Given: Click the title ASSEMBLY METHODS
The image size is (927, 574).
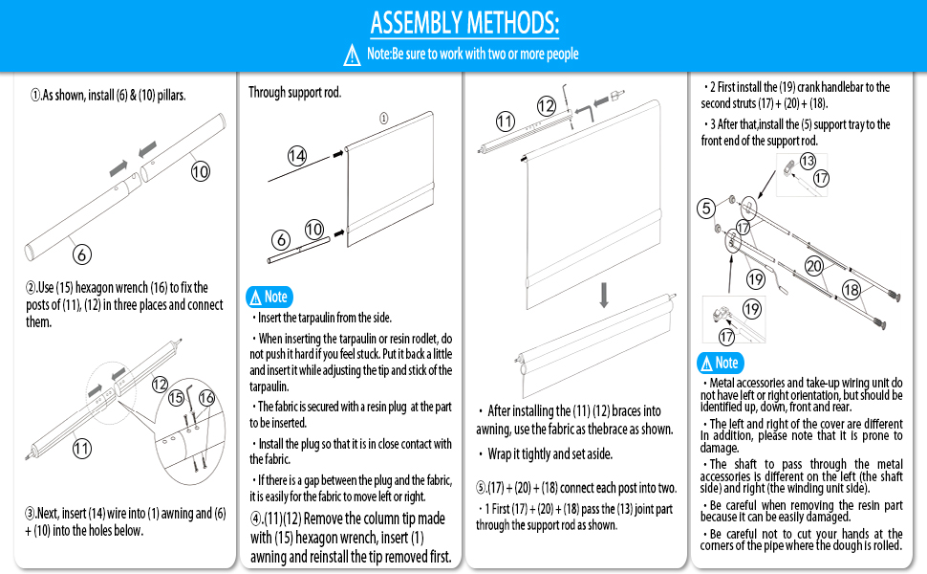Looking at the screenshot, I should [464, 22].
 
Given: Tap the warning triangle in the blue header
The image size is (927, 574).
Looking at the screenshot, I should [352, 55].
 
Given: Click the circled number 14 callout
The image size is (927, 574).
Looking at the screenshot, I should [297, 157].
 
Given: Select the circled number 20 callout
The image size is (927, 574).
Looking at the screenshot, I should [814, 266].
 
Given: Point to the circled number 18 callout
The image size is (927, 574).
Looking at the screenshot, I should [851, 290].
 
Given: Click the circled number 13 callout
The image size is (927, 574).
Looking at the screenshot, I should [808, 161].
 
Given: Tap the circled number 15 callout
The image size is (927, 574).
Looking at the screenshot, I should [176, 397].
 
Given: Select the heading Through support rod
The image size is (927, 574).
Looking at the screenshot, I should [294, 93].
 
